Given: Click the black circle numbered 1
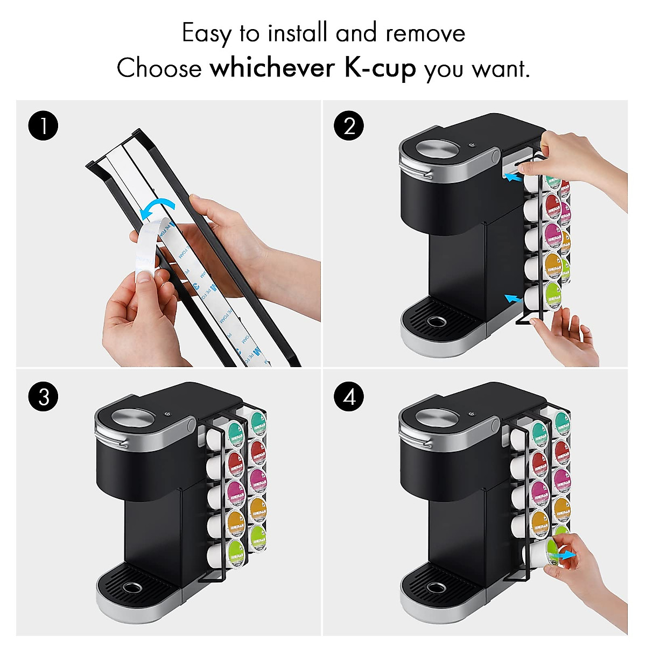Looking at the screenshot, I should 43,127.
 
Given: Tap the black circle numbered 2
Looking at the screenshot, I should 349,127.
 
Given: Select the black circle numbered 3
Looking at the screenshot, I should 43,397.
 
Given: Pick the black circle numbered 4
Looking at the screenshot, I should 349,397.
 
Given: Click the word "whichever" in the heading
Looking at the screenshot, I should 275,69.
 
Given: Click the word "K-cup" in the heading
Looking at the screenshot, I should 380,69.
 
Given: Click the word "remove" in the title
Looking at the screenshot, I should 425,33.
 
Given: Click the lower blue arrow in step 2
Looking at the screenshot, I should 514,297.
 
